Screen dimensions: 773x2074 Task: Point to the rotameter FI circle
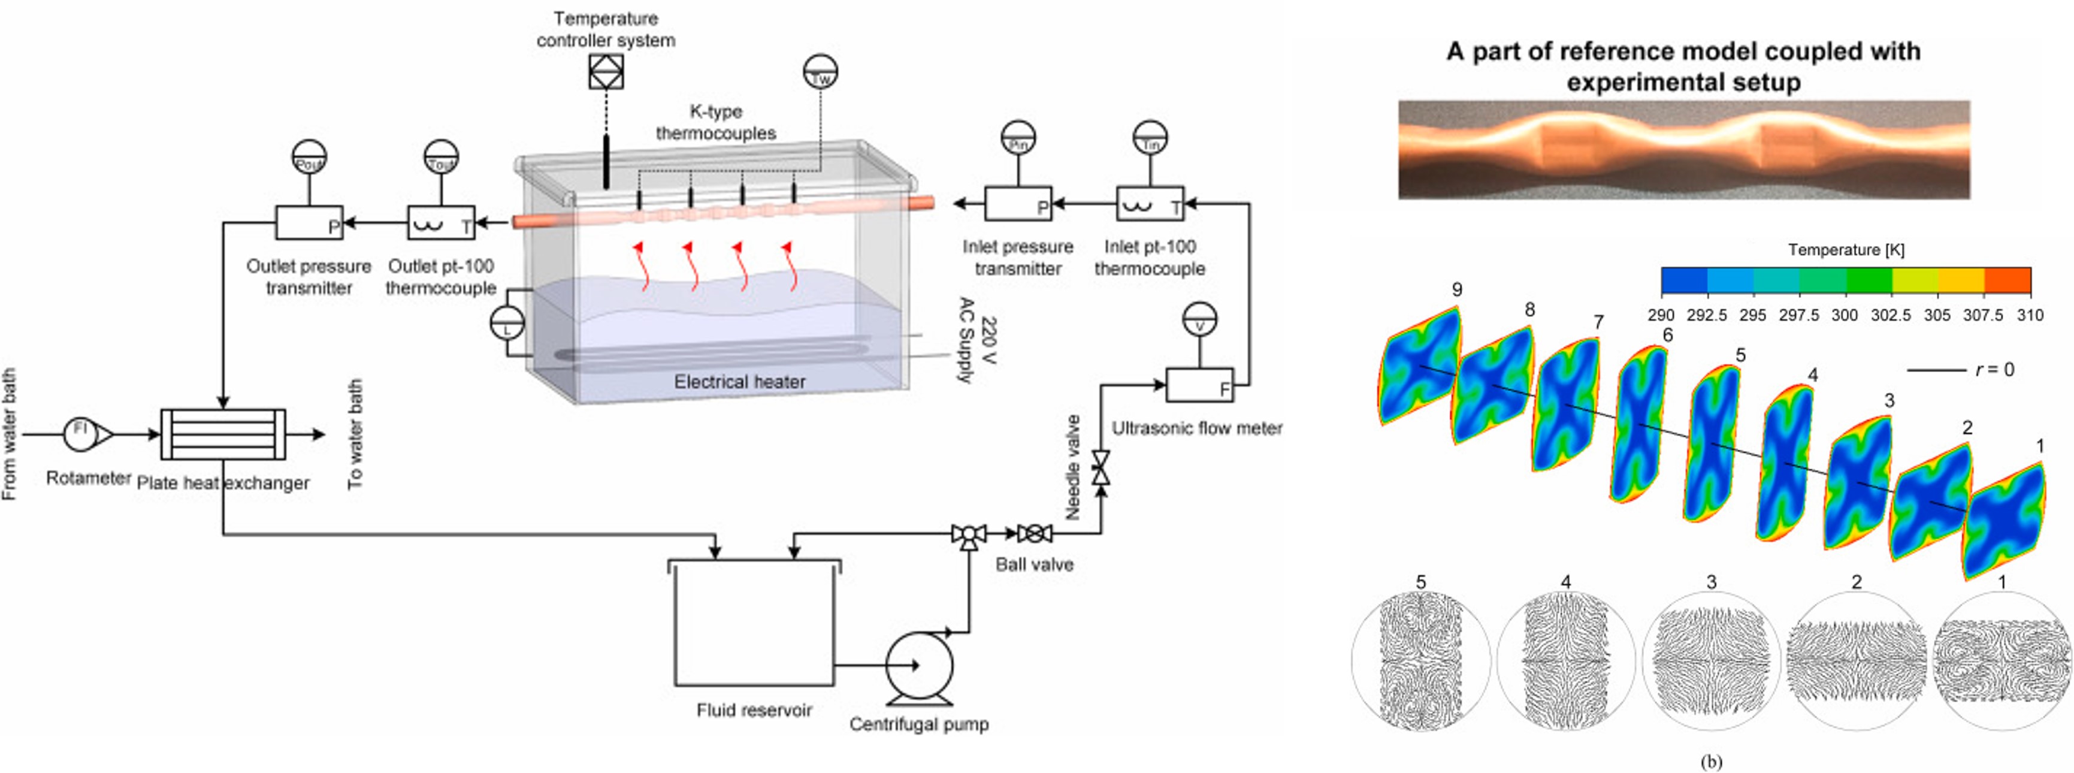pyautogui.click(x=80, y=434)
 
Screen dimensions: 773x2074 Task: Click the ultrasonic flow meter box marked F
pyautogui.click(x=1199, y=385)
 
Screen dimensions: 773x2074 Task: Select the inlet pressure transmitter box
pyautogui.click(x=1018, y=204)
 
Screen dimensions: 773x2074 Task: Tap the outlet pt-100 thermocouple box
pyautogui.click(x=440, y=223)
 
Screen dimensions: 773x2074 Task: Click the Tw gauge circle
pyautogui.click(x=820, y=73)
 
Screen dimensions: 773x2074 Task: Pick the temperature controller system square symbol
pyautogui.click(x=606, y=72)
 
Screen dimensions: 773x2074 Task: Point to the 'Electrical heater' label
pyautogui.click(x=739, y=382)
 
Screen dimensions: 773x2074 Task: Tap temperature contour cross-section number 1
pyautogui.click(x=2003, y=520)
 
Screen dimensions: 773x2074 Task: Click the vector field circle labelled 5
pyautogui.click(x=1421, y=660)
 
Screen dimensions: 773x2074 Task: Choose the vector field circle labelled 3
pyautogui.click(x=1711, y=660)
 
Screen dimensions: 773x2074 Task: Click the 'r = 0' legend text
pyautogui.click(x=1994, y=370)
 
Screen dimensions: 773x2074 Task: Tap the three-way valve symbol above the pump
pyautogui.click(x=969, y=535)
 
